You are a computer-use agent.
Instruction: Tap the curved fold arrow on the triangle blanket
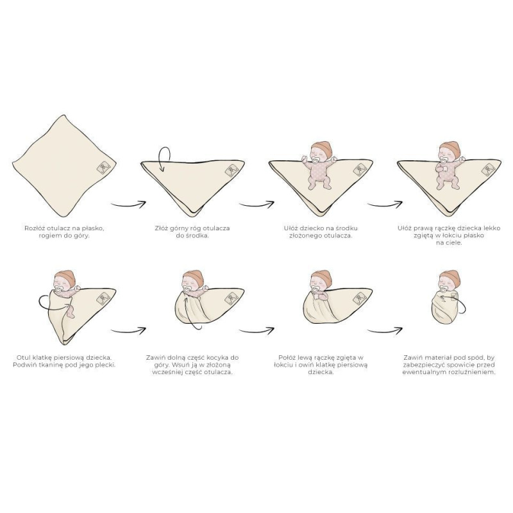(164, 158)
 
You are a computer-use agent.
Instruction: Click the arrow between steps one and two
(128, 204)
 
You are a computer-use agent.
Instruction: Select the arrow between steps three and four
(385, 204)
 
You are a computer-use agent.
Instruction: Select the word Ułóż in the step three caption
(292, 228)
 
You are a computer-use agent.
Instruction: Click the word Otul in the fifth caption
(26, 357)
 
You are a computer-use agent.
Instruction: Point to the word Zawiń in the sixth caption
(158, 357)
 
